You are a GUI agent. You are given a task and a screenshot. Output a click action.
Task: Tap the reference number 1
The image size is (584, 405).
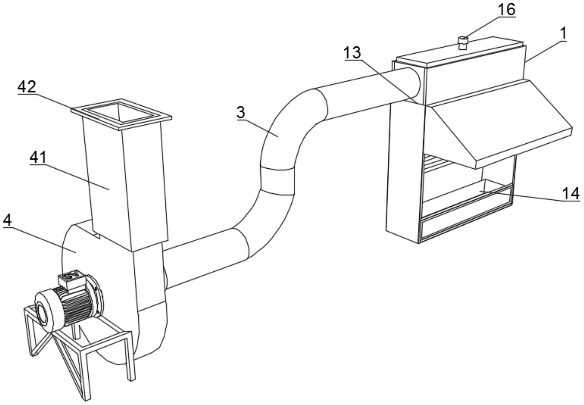coord(563,34)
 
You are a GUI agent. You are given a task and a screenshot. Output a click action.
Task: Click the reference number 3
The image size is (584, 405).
coord(241,112)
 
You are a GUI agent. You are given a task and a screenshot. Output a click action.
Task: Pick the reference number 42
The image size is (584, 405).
coord(27,87)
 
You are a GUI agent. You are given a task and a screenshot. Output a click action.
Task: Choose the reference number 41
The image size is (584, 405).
coord(38,157)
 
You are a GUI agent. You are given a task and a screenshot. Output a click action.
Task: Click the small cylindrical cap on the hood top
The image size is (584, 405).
coord(463,43)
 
